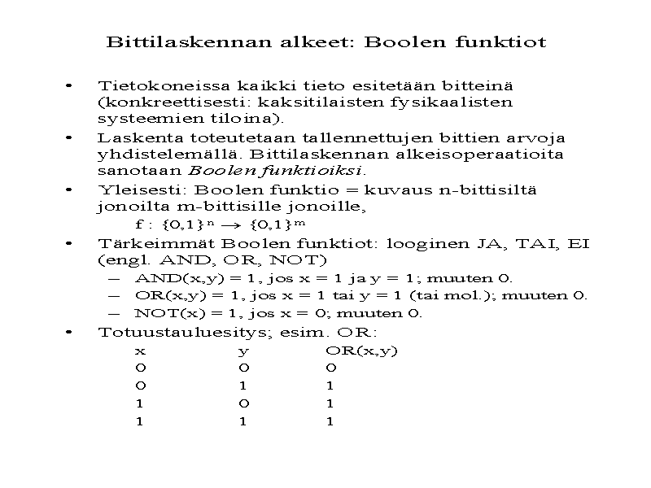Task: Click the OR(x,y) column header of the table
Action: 361,351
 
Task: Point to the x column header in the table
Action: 140,352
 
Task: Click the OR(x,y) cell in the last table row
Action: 330,421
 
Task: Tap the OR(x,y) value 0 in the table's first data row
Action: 330,368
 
